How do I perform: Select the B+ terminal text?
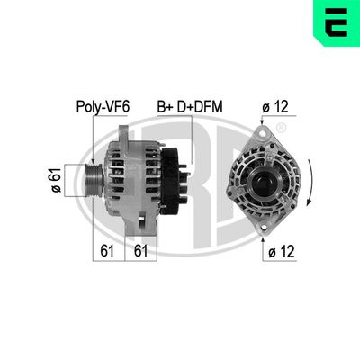click(166, 106)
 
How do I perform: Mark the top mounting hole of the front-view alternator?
click(262, 132)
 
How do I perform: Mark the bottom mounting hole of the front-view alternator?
click(263, 226)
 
